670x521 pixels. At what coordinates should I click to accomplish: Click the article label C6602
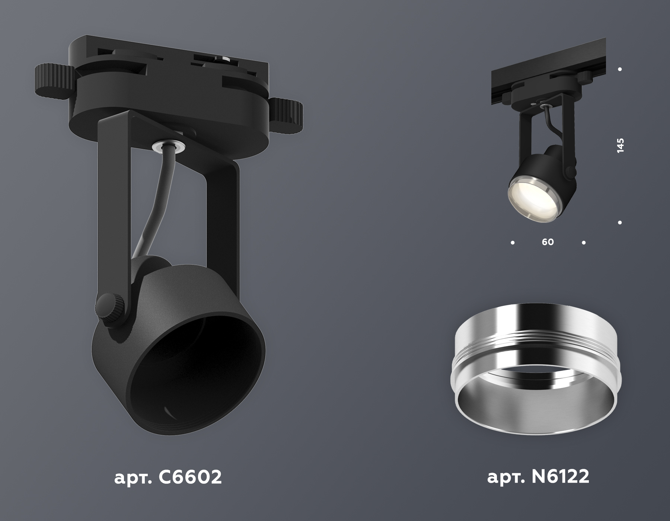pos(167,477)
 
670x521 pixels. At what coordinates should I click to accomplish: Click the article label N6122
pos(538,477)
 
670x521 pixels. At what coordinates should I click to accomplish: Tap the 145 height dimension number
pos(620,146)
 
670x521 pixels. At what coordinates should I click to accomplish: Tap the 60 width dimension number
pos(548,242)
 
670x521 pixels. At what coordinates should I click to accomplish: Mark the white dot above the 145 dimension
pos(620,69)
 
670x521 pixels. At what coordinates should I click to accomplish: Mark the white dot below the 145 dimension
pos(620,223)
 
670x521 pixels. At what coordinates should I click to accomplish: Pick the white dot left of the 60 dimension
pos(513,243)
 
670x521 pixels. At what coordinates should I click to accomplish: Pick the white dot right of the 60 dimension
pos(583,243)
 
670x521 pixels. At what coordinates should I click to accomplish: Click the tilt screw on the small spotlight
pos(569,170)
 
